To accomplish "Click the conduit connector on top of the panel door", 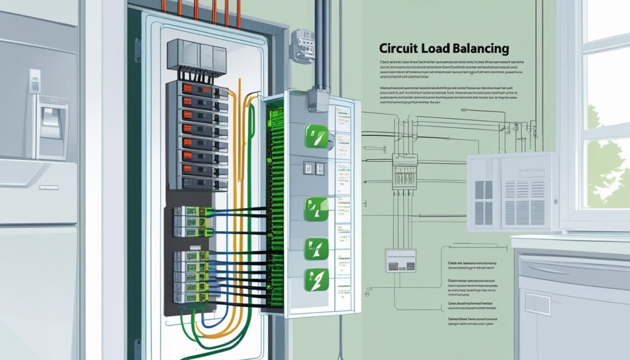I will pyautogui.click(x=318, y=98).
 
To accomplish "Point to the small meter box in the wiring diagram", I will pyautogui.click(x=401, y=260).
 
